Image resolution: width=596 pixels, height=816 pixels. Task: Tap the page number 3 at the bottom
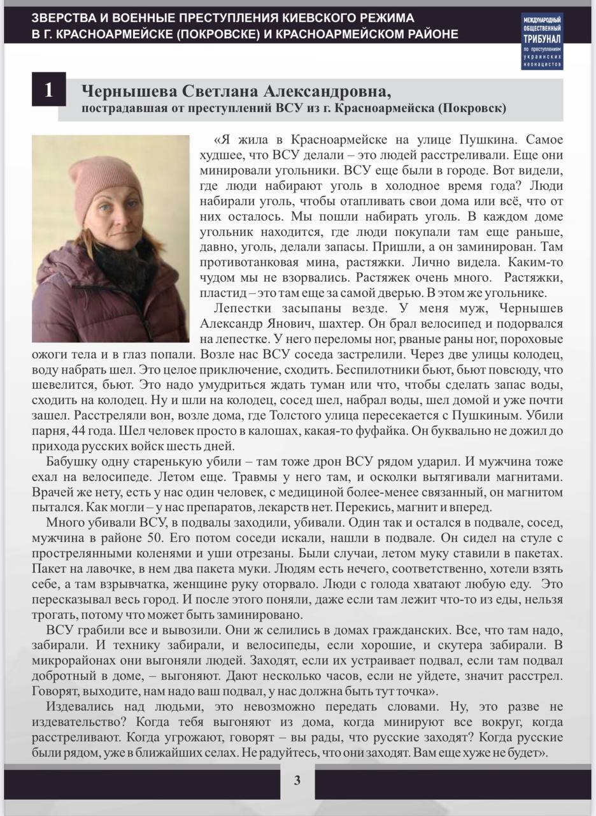pos(297,780)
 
